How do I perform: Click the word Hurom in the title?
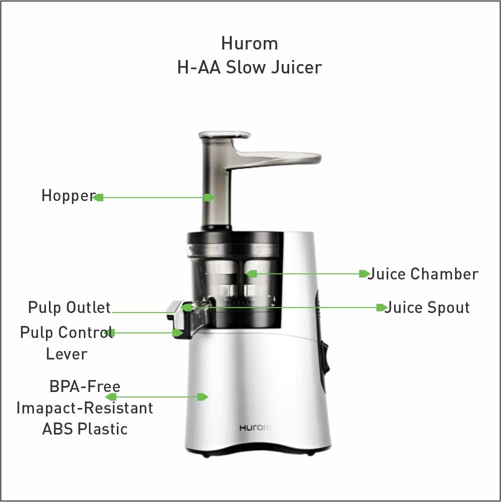coord(249,43)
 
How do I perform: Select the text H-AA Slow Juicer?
coord(249,67)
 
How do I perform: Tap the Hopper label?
coord(67,195)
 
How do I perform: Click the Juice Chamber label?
coord(423,274)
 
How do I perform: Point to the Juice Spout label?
coord(427,307)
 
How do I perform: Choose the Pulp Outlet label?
coord(69,307)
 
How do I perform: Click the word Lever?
coord(66,354)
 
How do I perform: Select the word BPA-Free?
coord(85,386)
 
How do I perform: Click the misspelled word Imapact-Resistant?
coord(84,408)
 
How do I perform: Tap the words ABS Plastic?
coord(85,429)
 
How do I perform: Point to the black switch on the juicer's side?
coord(326,357)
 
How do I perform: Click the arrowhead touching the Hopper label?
coord(98,197)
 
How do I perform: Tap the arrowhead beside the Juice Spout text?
coord(382,307)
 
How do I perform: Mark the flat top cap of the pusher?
coord(224,134)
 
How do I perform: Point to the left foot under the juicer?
coord(206,454)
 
